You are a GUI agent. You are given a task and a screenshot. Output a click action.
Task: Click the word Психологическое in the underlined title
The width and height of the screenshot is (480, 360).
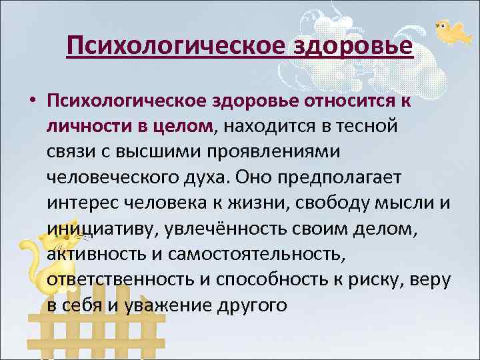[176, 46]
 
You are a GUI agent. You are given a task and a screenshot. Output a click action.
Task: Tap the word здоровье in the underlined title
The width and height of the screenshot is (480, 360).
[353, 46]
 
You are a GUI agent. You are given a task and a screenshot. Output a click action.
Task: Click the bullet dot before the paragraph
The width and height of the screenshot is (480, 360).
[31, 100]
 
